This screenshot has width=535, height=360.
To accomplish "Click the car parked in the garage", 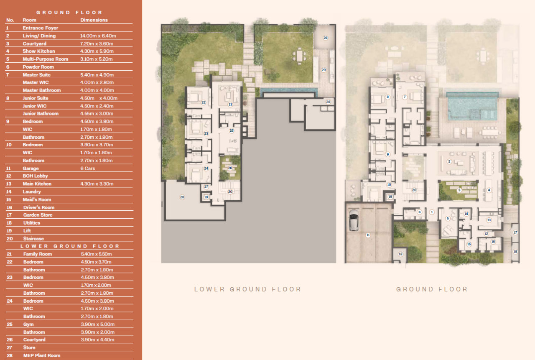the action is pyautogui.click(x=354, y=220).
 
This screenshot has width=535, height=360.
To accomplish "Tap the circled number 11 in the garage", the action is pyautogui.click(x=368, y=235).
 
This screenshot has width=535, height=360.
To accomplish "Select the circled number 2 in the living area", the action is pyautogui.click(x=449, y=161).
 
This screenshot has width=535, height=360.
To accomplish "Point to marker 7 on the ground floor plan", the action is pyautogui.click(x=405, y=97).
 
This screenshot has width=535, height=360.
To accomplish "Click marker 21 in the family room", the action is pyautogui.click(x=230, y=105).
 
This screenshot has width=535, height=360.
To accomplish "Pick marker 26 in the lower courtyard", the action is pyautogui.click(x=230, y=168).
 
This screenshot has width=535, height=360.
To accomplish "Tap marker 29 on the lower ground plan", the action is pyautogui.click(x=324, y=70).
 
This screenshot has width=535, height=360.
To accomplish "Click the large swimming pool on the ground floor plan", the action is pyautogui.click(x=472, y=107).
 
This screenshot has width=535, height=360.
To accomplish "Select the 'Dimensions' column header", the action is pyautogui.click(x=94, y=20).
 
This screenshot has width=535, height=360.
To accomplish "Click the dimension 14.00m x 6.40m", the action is pyautogui.click(x=98, y=36).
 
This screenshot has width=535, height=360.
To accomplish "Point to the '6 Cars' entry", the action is pyautogui.click(x=88, y=169).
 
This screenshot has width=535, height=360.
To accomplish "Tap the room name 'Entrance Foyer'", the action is pyautogui.click(x=41, y=28).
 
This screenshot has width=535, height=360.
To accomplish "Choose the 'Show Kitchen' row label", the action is pyautogui.click(x=39, y=51).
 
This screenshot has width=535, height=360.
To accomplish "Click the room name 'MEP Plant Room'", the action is pyautogui.click(x=42, y=355).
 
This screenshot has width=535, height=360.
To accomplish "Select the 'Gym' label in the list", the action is pyautogui.click(x=28, y=324).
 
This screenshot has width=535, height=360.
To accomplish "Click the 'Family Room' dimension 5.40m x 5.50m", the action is pyautogui.click(x=96, y=254).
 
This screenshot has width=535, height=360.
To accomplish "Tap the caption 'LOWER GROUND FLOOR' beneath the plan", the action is pyautogui.click(x=248, y=289).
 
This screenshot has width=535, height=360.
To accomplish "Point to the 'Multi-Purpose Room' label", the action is pyautogui.click(x=46, y=59).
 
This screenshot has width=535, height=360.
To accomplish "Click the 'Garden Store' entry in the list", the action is pyautogui.click(x=38, y=215).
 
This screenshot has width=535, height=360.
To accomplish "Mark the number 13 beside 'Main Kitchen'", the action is pyautogui.click(x=9, y=184).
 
